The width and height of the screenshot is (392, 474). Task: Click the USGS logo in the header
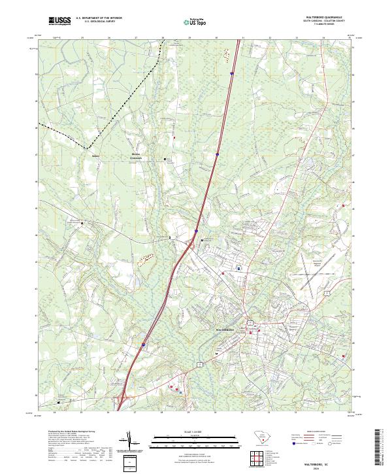[59, 22]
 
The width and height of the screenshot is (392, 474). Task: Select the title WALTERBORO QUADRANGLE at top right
[325, 17]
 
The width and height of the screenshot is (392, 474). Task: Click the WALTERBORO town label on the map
[225, 330]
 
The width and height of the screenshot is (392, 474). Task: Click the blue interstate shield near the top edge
[231, 74]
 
